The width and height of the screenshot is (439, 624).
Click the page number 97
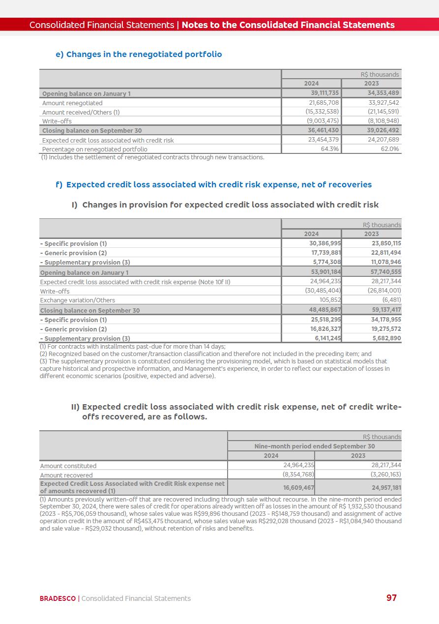pyautogui.click(x=391, y=598)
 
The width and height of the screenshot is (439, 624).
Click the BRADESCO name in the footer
pyautogui.click(x=58, y=598)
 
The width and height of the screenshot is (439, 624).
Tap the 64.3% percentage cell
pyautogui.click(x=329, y=149)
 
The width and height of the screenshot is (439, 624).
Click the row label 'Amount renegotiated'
pyautogui.click(x=72, y=103)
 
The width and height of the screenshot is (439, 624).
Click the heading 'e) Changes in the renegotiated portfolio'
pyautogui.click(x=139, y=55)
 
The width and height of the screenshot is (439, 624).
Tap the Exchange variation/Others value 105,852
pyautogui.click(x=329, y=300)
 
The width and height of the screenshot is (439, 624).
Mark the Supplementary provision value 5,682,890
pyautogui.click(x=386, y=339)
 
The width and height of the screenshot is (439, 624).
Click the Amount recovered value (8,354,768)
pyautogui.click(x=298, y=475)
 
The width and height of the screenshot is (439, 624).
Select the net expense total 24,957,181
pyautogui.click(x=386, y=488)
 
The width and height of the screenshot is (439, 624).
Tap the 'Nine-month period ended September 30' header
pyautogui.click(x=314, y=446)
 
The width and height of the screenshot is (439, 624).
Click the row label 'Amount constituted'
pyautogui.click(x=68, y=466)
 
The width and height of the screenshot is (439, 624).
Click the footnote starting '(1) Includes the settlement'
pyautogui.click(x=152, y=157)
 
